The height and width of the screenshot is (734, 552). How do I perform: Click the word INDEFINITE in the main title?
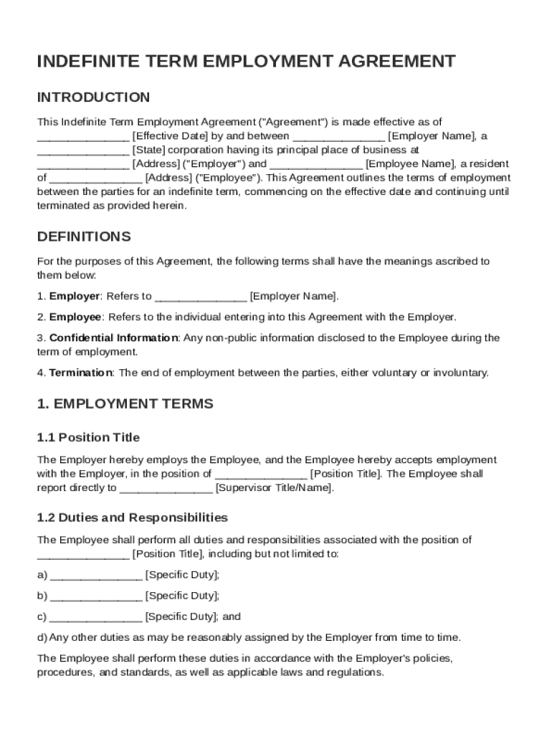click(x=85, y=62)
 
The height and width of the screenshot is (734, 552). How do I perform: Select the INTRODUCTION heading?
click(x=93, y=97)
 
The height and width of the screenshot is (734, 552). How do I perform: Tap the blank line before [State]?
click(x=83, y=151)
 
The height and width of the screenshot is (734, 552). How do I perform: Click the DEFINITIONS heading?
click(x=84, y=237)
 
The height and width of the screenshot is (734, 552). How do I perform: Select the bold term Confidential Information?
click(x=113, y=338)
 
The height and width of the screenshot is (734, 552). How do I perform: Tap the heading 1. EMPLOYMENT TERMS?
click(x=125, y=404)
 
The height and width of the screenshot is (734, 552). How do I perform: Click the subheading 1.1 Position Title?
click(x=88, y=438)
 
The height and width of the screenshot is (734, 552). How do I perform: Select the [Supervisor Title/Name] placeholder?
click(x=274, y=488)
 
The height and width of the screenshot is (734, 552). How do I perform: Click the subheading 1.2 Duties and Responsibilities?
click(x=132, y=518)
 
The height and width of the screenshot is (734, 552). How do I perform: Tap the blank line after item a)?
click(x=96, y=575)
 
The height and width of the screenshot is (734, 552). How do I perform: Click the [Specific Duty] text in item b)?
click(x=182, y=596)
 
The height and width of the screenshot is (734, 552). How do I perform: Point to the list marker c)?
click(x=42, y=616)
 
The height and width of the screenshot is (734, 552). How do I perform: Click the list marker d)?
click(x=42, y=637)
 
